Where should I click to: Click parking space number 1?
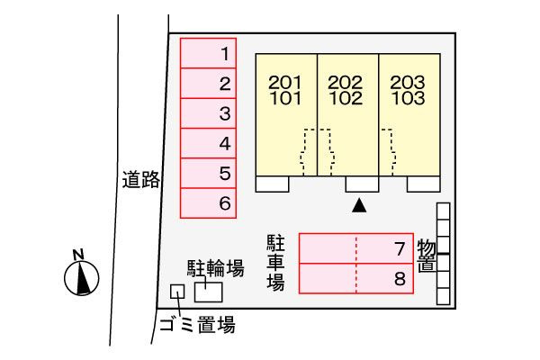coord(209,53)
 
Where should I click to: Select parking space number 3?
coord(209,113)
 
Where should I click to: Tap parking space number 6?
coord(209,203)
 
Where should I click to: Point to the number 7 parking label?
coord(400,248)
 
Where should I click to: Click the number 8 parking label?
coord(400,279)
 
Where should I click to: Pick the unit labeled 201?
coord(285,82)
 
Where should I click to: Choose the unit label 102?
coord(346,98)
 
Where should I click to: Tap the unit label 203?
coord(408,82)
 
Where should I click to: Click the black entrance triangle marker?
coord(359,205)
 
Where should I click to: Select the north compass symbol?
coord(82,278)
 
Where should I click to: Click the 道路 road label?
coord(141,179)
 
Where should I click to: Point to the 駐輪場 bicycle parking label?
coord(216,268)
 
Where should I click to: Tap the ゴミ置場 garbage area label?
coord(197,325)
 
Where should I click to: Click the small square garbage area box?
coord(177,292)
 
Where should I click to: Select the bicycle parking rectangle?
coord(209,292)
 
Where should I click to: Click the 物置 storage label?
coord(427,256)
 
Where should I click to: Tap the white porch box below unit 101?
coord(272,184)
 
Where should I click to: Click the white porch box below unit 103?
coord(423,184)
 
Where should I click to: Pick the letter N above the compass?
coord(78,255)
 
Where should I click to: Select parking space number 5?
coord(209,174)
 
